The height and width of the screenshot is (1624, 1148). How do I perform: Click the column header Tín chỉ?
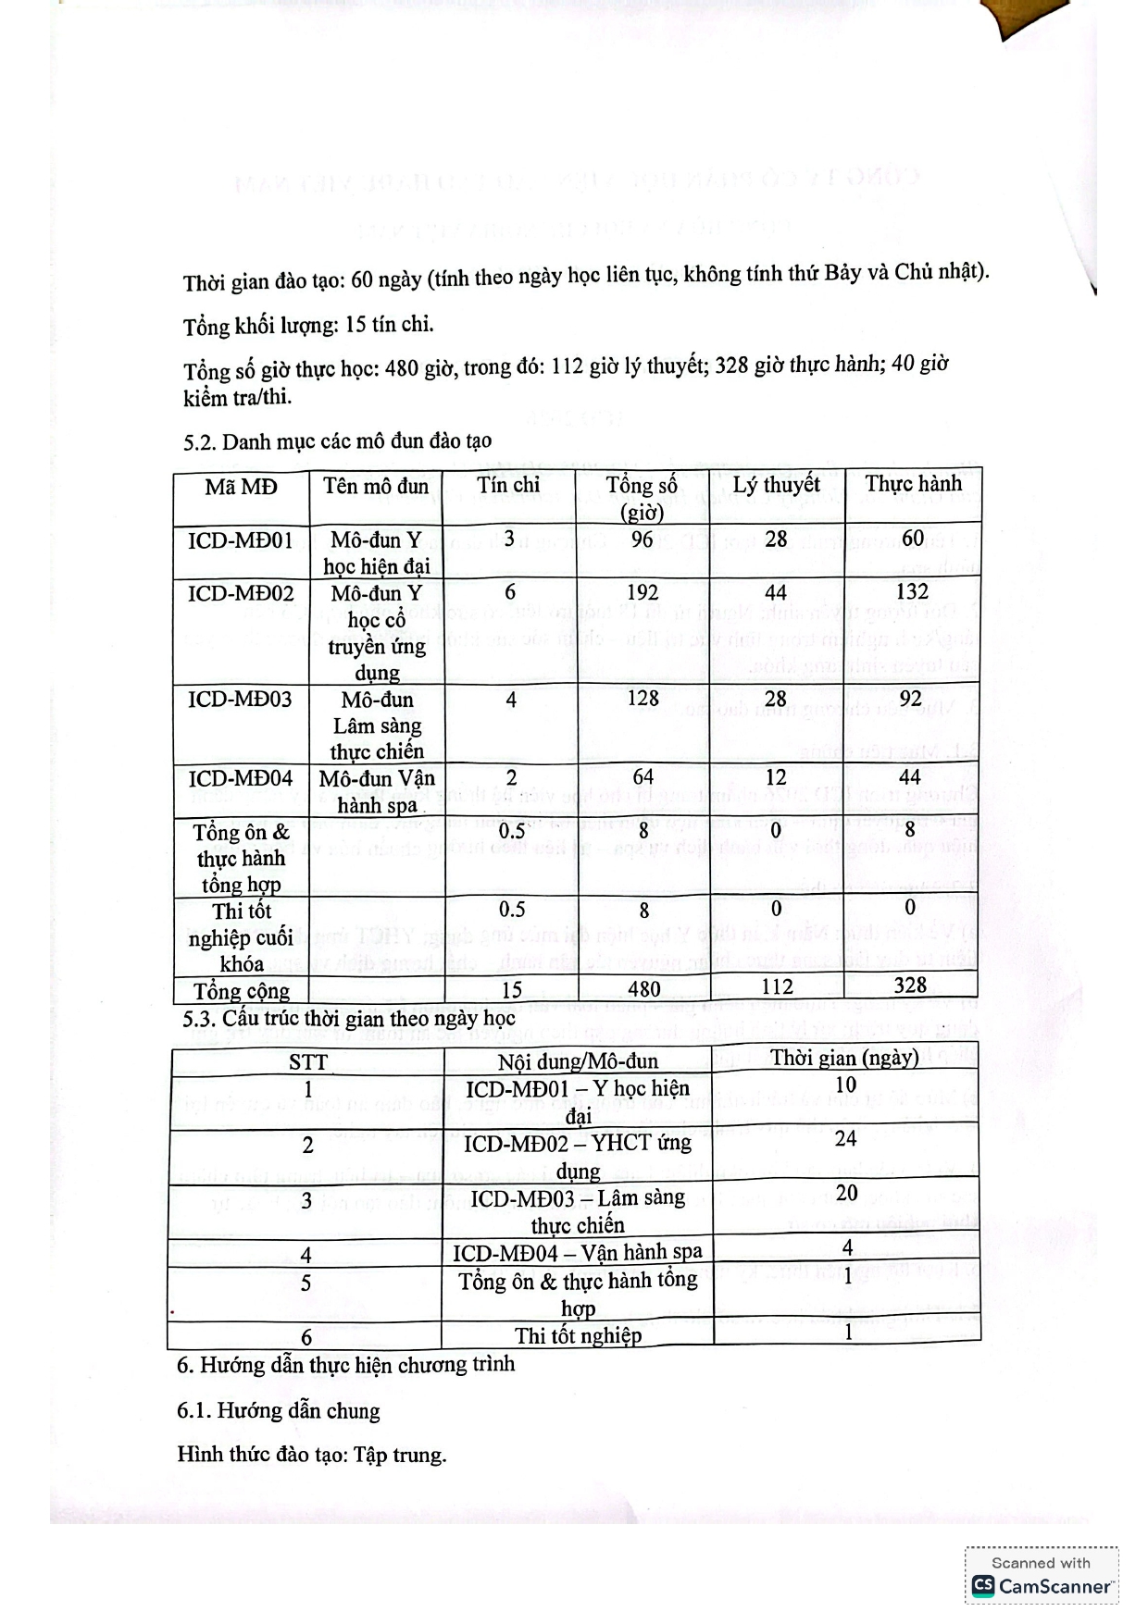tap(508, 485)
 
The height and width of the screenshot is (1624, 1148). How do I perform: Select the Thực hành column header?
tap(913, 484)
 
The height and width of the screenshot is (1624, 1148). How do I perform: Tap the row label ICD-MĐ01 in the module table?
tap(241, 540)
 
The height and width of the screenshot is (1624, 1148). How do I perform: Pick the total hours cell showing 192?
tap(643, 592)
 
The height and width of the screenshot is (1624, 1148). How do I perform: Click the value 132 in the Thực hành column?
tap(912, 591)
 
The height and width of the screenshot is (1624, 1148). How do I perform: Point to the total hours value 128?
tap(643, 699)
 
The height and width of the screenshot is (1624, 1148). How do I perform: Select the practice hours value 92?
tap(911, 699)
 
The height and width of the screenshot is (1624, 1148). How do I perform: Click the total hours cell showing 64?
tap(643, 777)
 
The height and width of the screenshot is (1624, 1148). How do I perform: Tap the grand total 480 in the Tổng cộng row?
tap(643, 989)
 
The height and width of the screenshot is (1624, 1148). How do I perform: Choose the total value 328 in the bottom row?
tap(910, 986)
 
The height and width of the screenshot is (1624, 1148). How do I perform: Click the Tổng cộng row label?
tap(242, 991)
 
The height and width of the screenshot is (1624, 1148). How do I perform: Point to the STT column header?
tap(307, 1061)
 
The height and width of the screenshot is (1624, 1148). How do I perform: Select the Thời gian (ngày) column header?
tap(844, 1058)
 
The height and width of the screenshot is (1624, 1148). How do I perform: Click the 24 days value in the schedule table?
tap(845, 1139)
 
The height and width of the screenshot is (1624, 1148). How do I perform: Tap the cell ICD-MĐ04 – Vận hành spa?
tap(578, 1252)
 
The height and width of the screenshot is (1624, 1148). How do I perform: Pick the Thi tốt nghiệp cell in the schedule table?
tap(578, 1335)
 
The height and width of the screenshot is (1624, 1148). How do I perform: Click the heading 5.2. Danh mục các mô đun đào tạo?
tap(337, 441)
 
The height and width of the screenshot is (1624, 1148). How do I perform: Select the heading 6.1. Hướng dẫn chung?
tap(279, 1411)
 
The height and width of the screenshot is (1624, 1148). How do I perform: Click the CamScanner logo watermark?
tap(1042, 1586)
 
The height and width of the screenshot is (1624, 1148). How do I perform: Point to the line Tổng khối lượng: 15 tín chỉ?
tap(308, 325)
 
